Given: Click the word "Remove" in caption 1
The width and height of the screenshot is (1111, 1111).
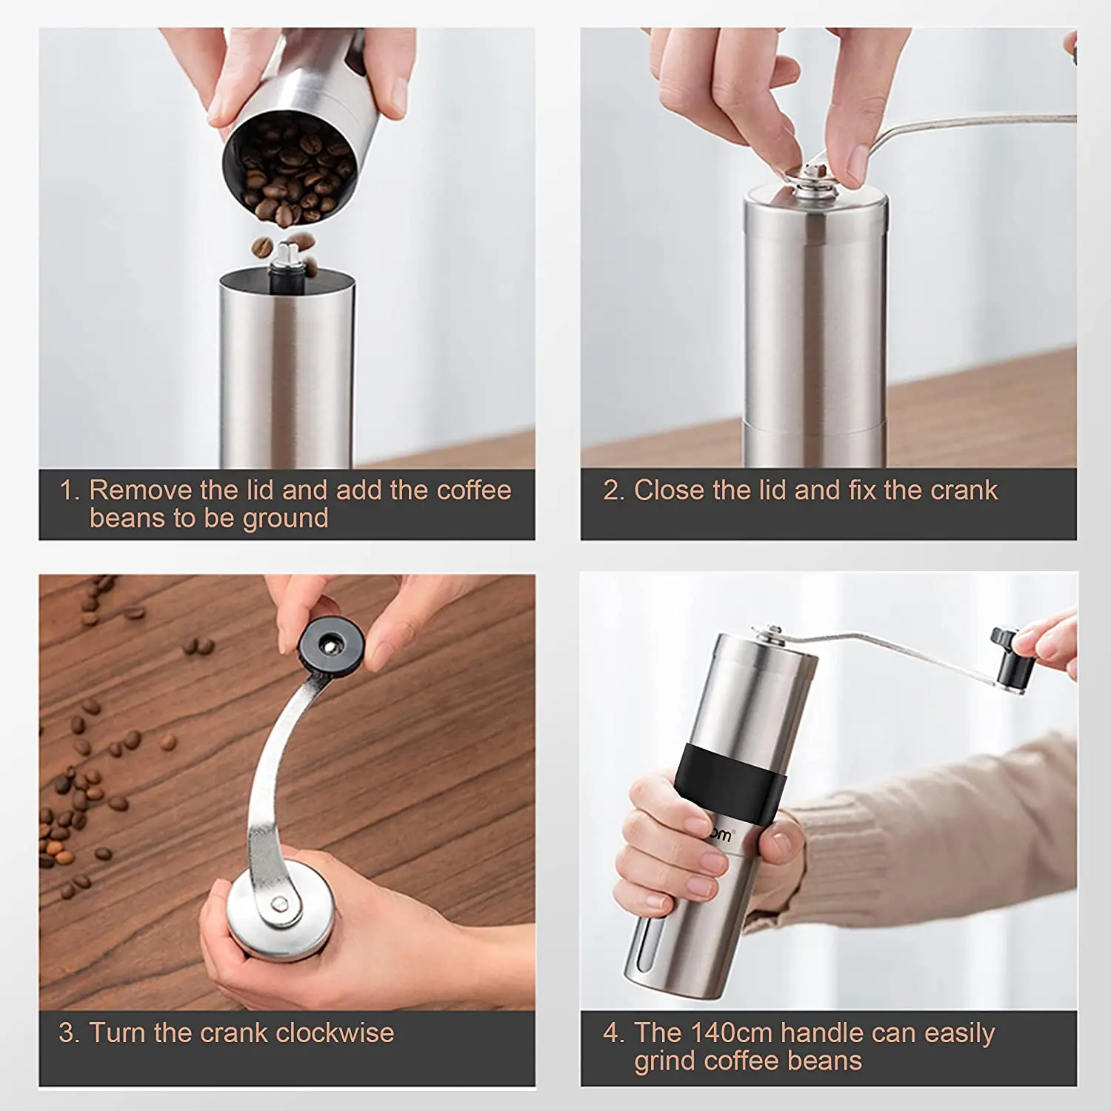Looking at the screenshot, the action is point(141,490).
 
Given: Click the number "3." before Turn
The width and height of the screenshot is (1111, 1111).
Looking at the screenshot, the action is point(69,1032).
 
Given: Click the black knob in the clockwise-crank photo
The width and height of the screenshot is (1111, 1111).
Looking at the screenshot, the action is point(331,644).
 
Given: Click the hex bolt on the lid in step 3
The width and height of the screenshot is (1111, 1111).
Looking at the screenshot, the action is point(279,903).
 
